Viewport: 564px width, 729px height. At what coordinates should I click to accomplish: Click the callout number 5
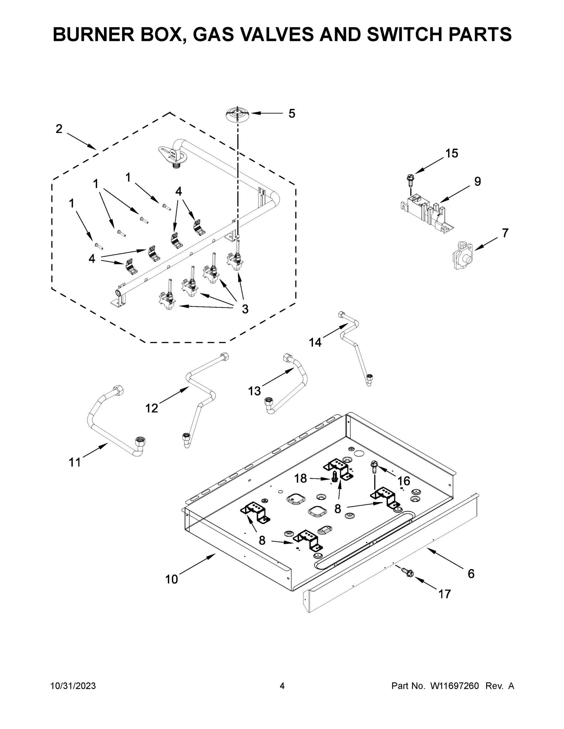[292, 114]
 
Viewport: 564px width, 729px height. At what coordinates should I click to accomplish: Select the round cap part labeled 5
[237, 114]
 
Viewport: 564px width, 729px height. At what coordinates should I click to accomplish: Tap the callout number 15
[452, 153]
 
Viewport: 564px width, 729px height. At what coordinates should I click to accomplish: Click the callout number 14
[315, 342]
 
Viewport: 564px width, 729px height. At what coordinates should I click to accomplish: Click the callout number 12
[152, 408]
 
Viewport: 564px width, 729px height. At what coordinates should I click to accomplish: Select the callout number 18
[300, 478]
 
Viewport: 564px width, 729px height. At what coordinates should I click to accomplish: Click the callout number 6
[471, 573]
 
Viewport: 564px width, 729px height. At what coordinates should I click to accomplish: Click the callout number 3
[245, 310]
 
